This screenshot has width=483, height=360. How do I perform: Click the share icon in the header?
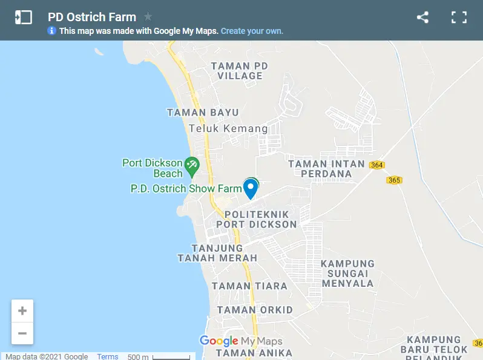422,18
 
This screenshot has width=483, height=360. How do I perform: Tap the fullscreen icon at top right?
459,18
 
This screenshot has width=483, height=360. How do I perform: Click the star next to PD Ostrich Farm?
148,17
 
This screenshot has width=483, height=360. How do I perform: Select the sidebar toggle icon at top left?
23,18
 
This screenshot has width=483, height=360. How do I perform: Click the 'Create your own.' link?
252,31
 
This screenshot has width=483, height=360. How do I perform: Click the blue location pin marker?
250,188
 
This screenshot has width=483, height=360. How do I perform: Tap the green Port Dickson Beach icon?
192,165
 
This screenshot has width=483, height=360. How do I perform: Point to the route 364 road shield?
377,165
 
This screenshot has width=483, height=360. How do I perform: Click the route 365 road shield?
394,180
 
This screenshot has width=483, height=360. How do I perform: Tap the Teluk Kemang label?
228,129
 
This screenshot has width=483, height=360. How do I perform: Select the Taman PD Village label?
239,71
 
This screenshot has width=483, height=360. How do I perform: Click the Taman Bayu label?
203,113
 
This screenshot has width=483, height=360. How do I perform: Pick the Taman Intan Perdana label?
327,169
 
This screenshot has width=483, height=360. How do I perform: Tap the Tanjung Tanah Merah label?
217,253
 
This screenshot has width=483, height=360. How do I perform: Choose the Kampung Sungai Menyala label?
347,273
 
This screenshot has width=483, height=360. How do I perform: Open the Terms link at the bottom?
108,356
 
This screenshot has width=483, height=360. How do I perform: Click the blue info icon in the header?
52,31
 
